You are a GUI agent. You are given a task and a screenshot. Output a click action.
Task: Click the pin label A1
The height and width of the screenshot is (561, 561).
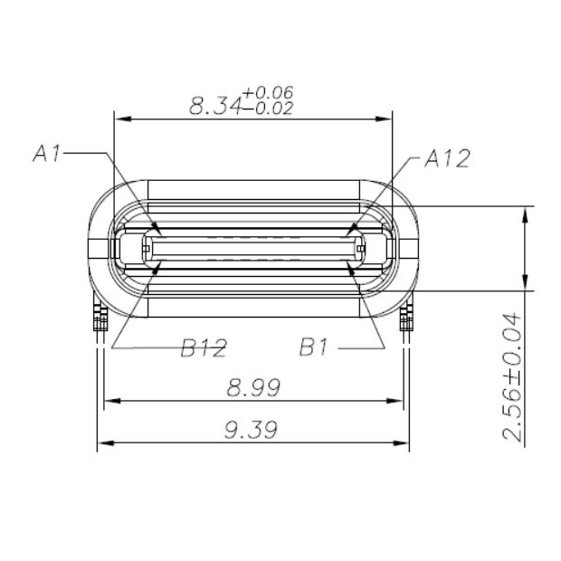click(46, 155)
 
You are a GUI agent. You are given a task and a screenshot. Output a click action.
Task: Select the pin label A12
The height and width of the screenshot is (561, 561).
click(447, 159)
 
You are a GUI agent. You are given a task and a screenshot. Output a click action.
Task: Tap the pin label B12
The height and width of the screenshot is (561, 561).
click(203, 347)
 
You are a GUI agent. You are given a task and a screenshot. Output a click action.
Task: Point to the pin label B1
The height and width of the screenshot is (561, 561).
click(319, 347)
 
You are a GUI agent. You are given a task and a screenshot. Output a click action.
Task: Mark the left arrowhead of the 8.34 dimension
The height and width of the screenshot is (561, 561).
click(119, 118)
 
